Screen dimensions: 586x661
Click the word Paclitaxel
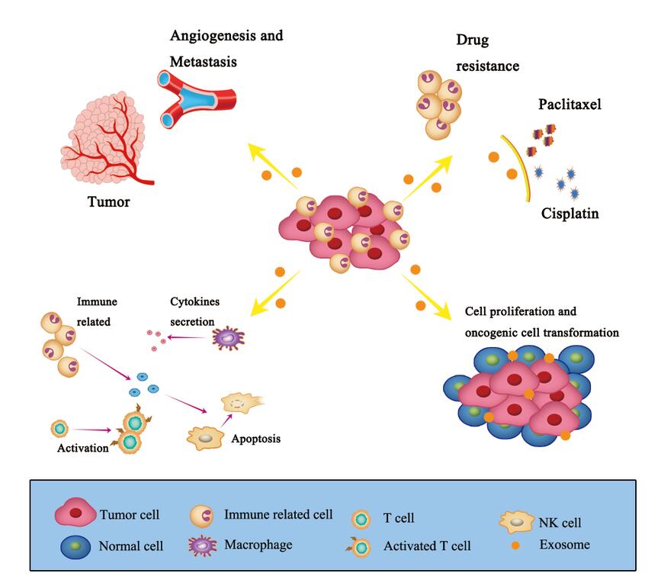(x=570, y=104)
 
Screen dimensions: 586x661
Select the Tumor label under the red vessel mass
(x=107, y=202)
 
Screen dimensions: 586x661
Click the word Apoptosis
(x=255, y=439)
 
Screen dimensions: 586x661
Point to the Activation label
(x=83, y=448)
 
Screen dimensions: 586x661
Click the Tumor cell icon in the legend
(x=75, y=514)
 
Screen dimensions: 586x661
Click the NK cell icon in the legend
(x=517, y=522)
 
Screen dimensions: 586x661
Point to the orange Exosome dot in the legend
(x=518, y=546)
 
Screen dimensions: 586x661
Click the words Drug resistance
(x=486, y=53)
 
